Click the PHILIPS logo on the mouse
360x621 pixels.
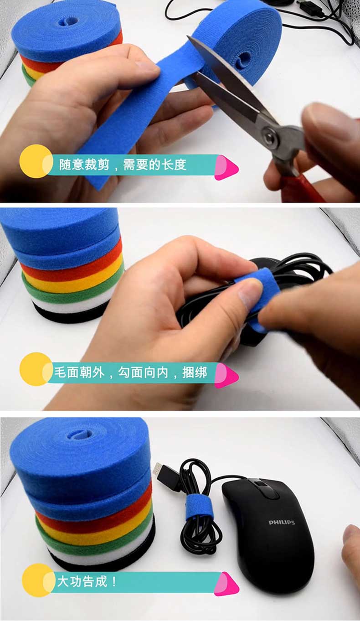coord(282,523)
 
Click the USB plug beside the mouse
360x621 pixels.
coord(161,472)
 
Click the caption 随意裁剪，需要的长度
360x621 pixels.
coord(123,165)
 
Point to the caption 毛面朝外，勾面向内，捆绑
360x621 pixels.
coord(130,373)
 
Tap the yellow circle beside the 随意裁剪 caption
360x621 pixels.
coord(36,161)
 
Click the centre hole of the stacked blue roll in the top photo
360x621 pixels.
coord(67,21)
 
